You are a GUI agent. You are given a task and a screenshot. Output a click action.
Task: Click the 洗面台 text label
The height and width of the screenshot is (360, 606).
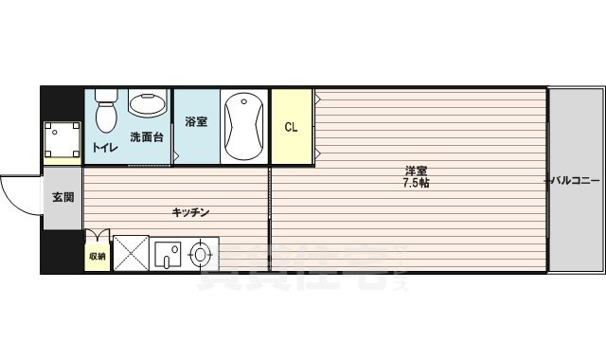pos(147,137)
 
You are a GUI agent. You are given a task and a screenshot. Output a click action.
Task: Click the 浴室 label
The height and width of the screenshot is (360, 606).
pos(196,122)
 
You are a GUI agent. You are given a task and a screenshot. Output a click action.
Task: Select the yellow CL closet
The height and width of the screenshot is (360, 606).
pos(292,127)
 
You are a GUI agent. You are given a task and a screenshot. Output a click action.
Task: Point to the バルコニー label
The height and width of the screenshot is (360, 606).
pos(574,180)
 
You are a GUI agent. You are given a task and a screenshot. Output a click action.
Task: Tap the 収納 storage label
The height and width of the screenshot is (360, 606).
pos(97,257)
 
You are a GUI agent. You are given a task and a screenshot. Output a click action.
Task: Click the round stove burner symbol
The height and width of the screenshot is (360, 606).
pos(200,254)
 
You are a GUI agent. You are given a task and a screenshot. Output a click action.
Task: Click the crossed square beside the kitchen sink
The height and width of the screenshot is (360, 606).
pos(131,254)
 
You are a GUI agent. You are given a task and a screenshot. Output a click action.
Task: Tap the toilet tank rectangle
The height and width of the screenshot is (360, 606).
pos(105,95)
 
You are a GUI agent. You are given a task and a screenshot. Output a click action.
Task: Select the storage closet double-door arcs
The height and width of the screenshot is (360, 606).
pos(97,236)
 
